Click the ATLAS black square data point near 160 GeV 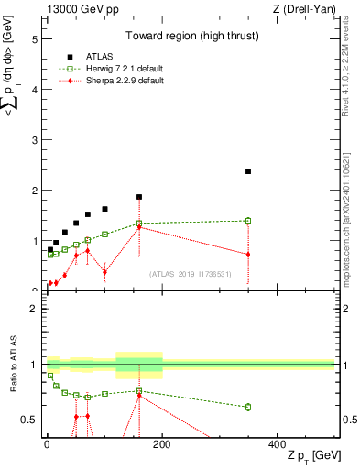coord(139,197)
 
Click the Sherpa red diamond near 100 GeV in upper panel coord(104,272)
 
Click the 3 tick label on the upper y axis coord(33,141)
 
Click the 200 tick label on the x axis coord(162,444)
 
